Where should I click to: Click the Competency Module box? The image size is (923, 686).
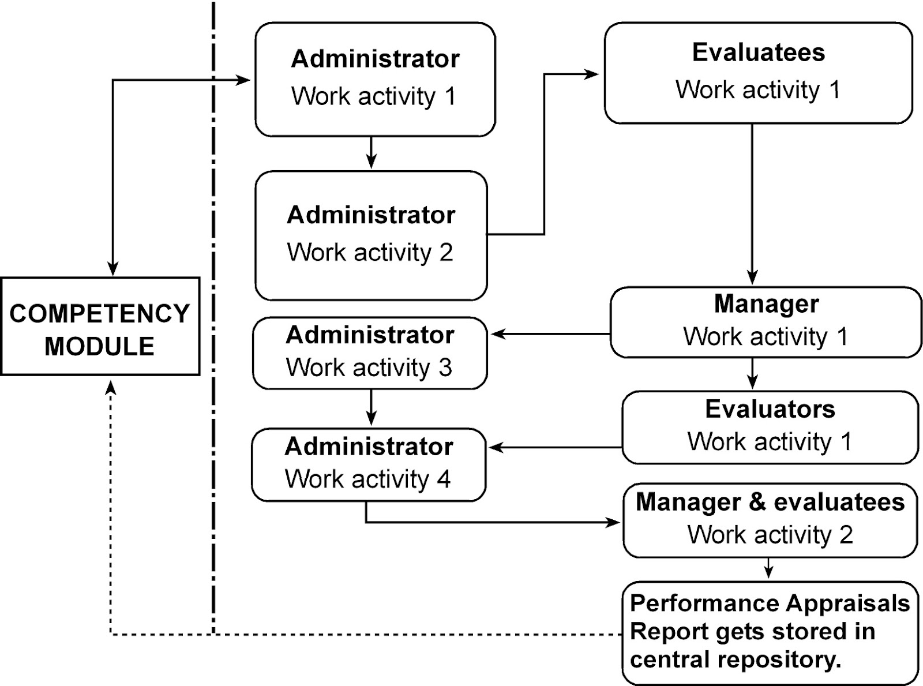[x=100, y=327]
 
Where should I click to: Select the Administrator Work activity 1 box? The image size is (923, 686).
[x=375, y=79]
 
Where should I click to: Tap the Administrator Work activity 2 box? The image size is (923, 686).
[x=371, y=235]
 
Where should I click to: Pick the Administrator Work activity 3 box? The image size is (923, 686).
[x=370, y=353]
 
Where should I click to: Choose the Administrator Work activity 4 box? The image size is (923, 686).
[x=369, y=464]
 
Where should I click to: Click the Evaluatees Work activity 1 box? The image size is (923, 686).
[x=758, y=73]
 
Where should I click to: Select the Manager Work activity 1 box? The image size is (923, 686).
[x=766, y=322]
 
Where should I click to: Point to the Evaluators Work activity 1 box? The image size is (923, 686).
[x=770, y=427]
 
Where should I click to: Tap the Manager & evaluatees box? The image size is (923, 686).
[x=770, y=520]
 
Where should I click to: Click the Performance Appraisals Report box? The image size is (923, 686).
[x=770, y=632]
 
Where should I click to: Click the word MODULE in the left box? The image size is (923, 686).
[x=100, y=346]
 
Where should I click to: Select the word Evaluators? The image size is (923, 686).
[x=770, y=409]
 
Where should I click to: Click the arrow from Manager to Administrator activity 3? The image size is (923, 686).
[x=551, y=333]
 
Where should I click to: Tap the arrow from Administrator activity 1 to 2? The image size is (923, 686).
[x=372, y=153]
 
